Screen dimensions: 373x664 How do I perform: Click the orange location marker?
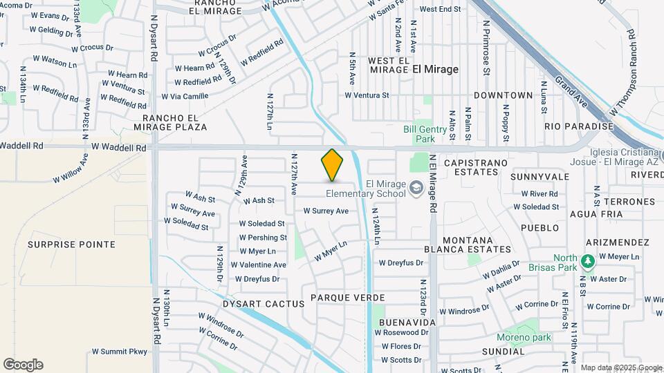click(x=332, y=165)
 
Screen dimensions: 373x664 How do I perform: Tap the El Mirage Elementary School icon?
click(x=416, y=188)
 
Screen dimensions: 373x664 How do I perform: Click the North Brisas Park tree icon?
click(x=587, y=262)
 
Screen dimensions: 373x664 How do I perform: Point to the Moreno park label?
click(x=524, y=337)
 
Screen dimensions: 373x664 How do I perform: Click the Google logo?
click(x=23, y=365)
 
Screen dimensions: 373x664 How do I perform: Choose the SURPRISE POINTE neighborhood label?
click(x=71, y=245)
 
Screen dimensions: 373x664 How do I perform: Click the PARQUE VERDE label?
click(x=347, y=297)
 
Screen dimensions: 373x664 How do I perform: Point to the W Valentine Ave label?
click(x=258, y=265)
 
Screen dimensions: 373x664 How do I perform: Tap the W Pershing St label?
click(x=262, y=237)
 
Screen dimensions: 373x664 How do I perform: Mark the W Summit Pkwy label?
click(x=120, y=352)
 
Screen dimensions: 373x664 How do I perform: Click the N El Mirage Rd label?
click(x=433, y=183)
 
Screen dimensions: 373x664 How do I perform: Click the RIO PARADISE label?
click(x=579, y=126)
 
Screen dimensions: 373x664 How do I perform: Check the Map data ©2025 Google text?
click(x=621, y=367)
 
